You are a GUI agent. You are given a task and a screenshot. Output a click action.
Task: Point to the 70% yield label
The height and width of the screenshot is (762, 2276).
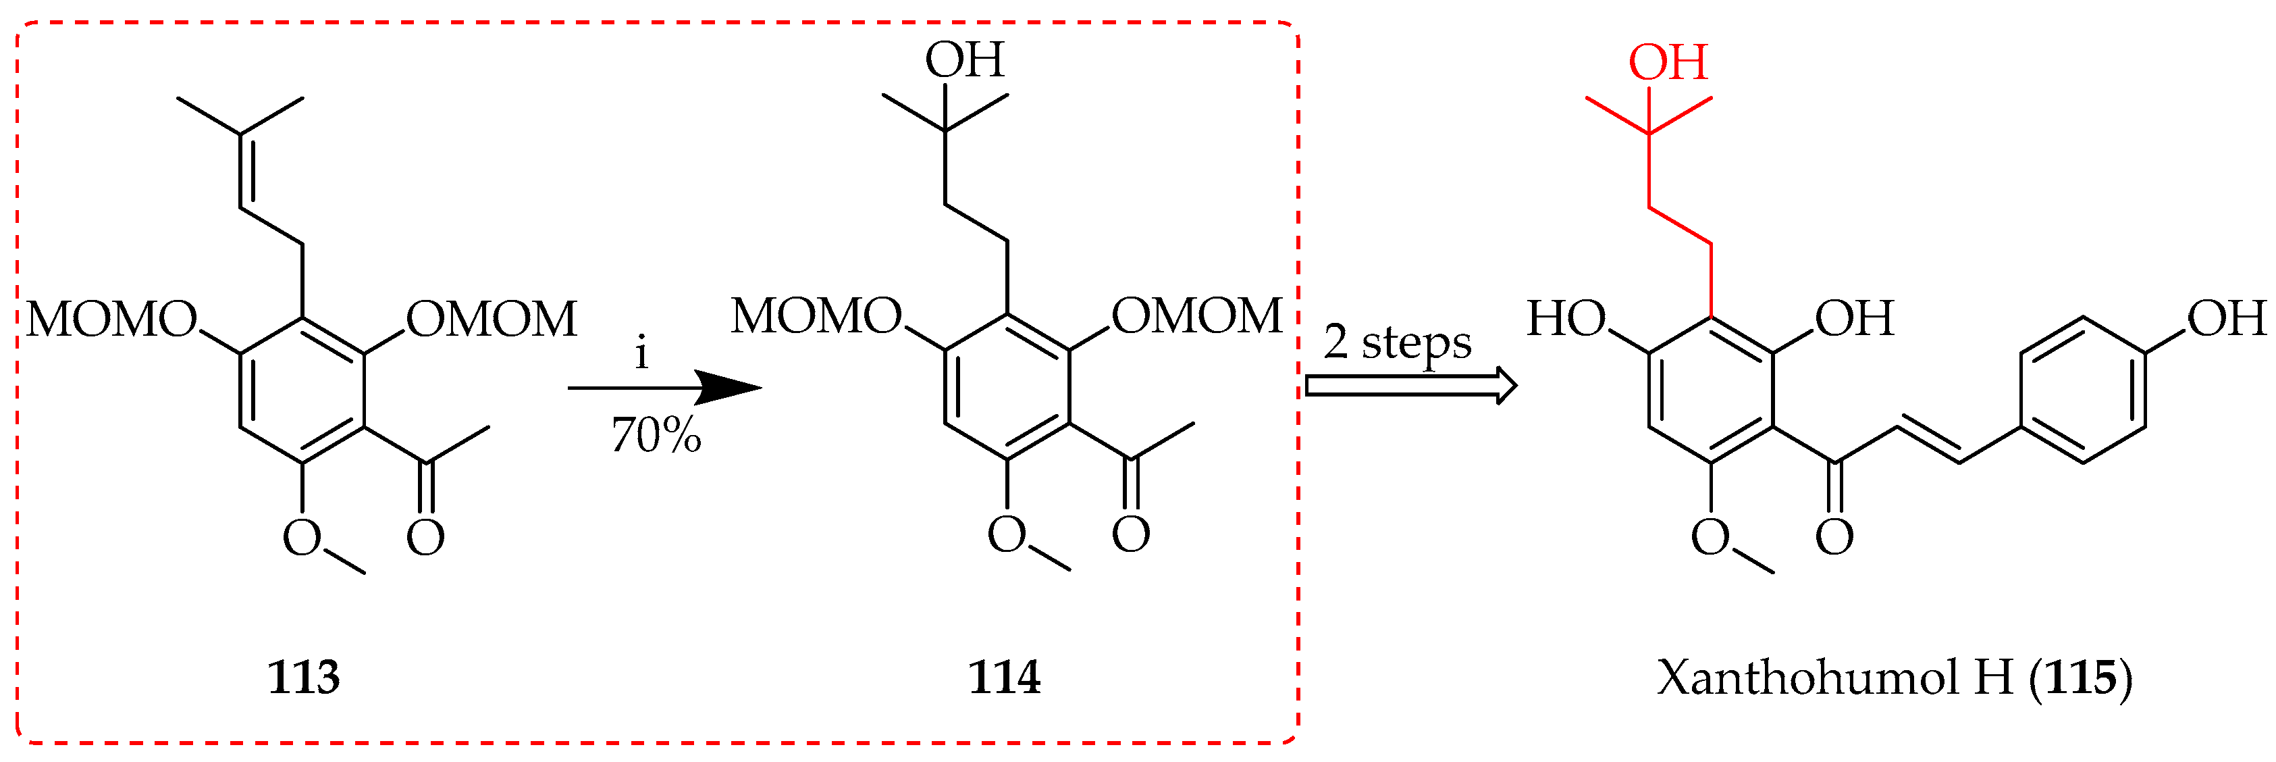[656, 436]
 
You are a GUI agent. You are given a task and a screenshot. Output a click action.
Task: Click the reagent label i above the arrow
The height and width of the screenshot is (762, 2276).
[642, 353]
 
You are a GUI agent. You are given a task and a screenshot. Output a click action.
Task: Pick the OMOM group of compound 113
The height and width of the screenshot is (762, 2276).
[492, 319]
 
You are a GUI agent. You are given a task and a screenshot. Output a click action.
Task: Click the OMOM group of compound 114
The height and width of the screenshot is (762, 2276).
[1196, 315]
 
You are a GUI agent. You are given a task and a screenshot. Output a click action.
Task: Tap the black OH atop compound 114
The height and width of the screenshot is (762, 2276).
[964, 60]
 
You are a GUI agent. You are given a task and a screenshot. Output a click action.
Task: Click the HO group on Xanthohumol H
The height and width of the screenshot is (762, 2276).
[1566, 318]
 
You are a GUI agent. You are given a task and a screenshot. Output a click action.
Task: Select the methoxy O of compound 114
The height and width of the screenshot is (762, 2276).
[1007, 534]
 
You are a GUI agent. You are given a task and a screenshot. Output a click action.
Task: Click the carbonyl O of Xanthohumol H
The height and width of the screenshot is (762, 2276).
[1834, 536]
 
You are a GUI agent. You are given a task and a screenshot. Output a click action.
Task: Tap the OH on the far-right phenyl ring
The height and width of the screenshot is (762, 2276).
[2225, 318]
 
